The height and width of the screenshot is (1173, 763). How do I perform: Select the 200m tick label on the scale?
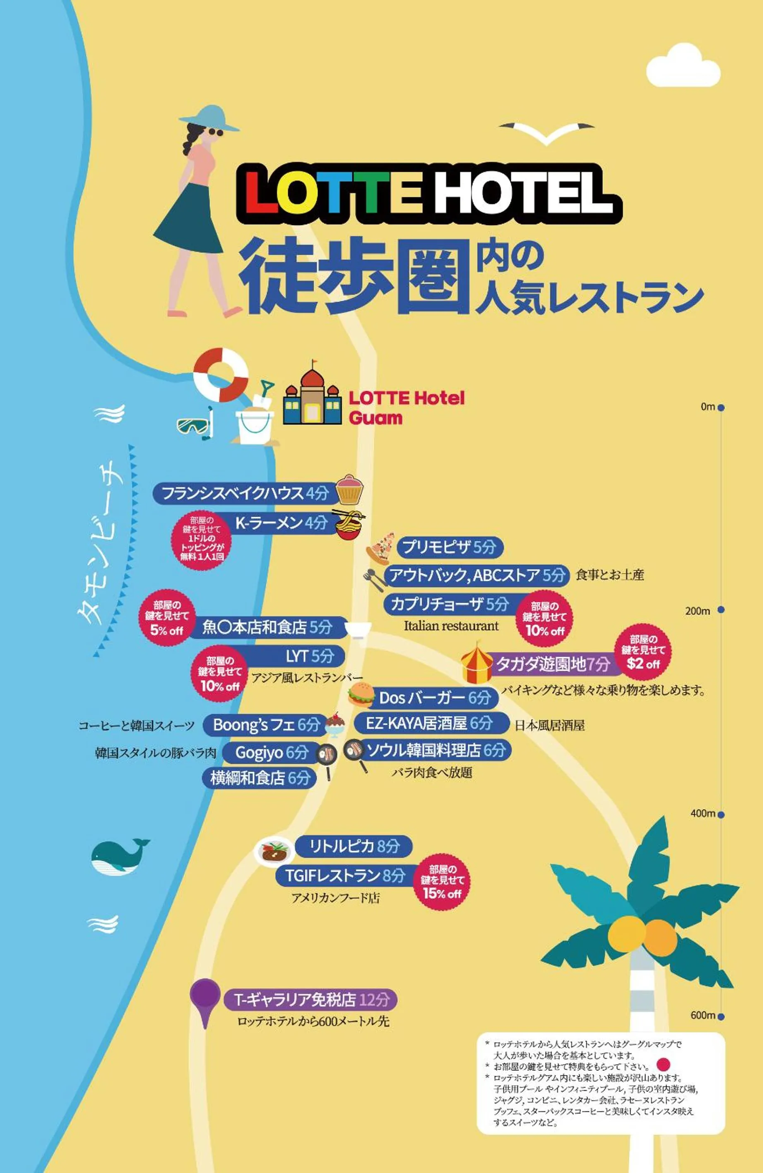[698, 611]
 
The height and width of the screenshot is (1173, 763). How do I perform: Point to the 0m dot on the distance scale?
[721, 408]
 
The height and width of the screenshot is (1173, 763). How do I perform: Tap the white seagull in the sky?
[546, 132]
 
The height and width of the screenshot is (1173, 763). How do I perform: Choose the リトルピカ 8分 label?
[354, 846]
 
